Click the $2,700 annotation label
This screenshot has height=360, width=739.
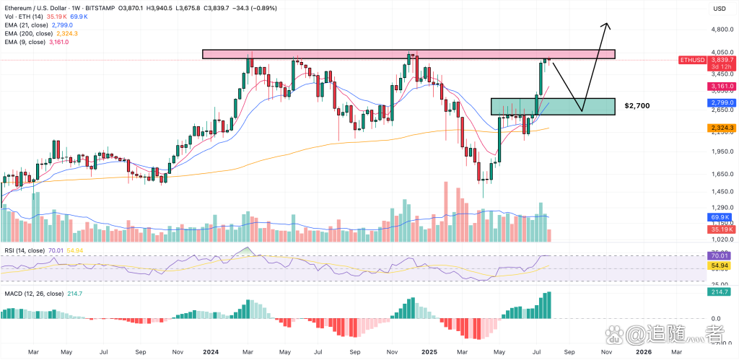point(637,106)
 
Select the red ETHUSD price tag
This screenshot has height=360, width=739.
point(694,60)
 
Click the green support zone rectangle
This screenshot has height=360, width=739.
point(552,106)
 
